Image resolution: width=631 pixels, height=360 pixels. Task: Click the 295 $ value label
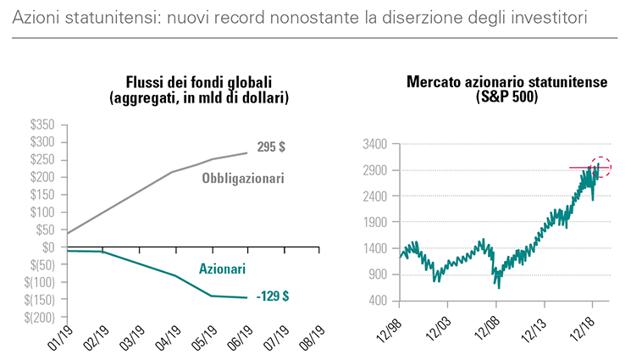click(270, 147)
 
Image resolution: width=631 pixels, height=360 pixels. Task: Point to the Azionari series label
click(222, 269)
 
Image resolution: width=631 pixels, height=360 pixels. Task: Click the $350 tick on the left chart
click(42, 125)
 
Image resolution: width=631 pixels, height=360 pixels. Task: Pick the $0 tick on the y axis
click(49, 247)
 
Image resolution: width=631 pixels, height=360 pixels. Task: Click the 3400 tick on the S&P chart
click(374, 145)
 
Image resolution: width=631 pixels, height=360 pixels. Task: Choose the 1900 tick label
click(374, 223)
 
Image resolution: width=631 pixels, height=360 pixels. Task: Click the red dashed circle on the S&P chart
click(601, 168)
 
